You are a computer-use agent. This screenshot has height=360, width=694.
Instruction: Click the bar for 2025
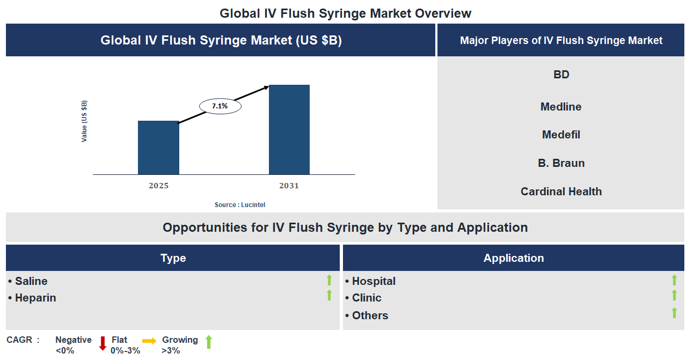point(158,148)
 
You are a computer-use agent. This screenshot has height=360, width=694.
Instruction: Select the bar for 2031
point(289,129)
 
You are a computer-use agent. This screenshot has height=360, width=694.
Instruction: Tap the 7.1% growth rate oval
point(220,106)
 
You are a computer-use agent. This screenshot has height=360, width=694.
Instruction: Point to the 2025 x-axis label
point(158,186)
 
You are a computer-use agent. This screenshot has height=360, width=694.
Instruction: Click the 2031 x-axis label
point(289,186)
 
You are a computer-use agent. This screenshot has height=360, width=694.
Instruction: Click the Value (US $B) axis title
point(84,121)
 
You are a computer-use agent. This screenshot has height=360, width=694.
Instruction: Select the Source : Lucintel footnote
point(240,205)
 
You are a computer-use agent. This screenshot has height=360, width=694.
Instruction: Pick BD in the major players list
point(561,75)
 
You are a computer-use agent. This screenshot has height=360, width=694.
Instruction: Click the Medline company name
point(561,107)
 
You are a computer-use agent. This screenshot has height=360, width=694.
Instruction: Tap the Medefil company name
point(561,135)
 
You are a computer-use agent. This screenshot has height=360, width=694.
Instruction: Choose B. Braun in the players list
point(561,163)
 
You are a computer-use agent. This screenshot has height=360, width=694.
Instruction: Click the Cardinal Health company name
point(561,192)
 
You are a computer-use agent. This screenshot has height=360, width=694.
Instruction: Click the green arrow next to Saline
point(329,280)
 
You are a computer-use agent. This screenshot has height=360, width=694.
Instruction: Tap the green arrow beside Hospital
point(674,280)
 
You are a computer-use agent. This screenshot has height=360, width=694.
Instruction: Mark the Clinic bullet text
point(367,298)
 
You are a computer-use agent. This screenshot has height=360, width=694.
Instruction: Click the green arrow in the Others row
point(674,313)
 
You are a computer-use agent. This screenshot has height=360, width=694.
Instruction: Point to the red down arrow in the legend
point(103,343)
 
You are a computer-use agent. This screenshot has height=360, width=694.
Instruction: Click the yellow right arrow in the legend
point(149,341)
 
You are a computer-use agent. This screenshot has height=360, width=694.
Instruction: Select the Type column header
point(173,258)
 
